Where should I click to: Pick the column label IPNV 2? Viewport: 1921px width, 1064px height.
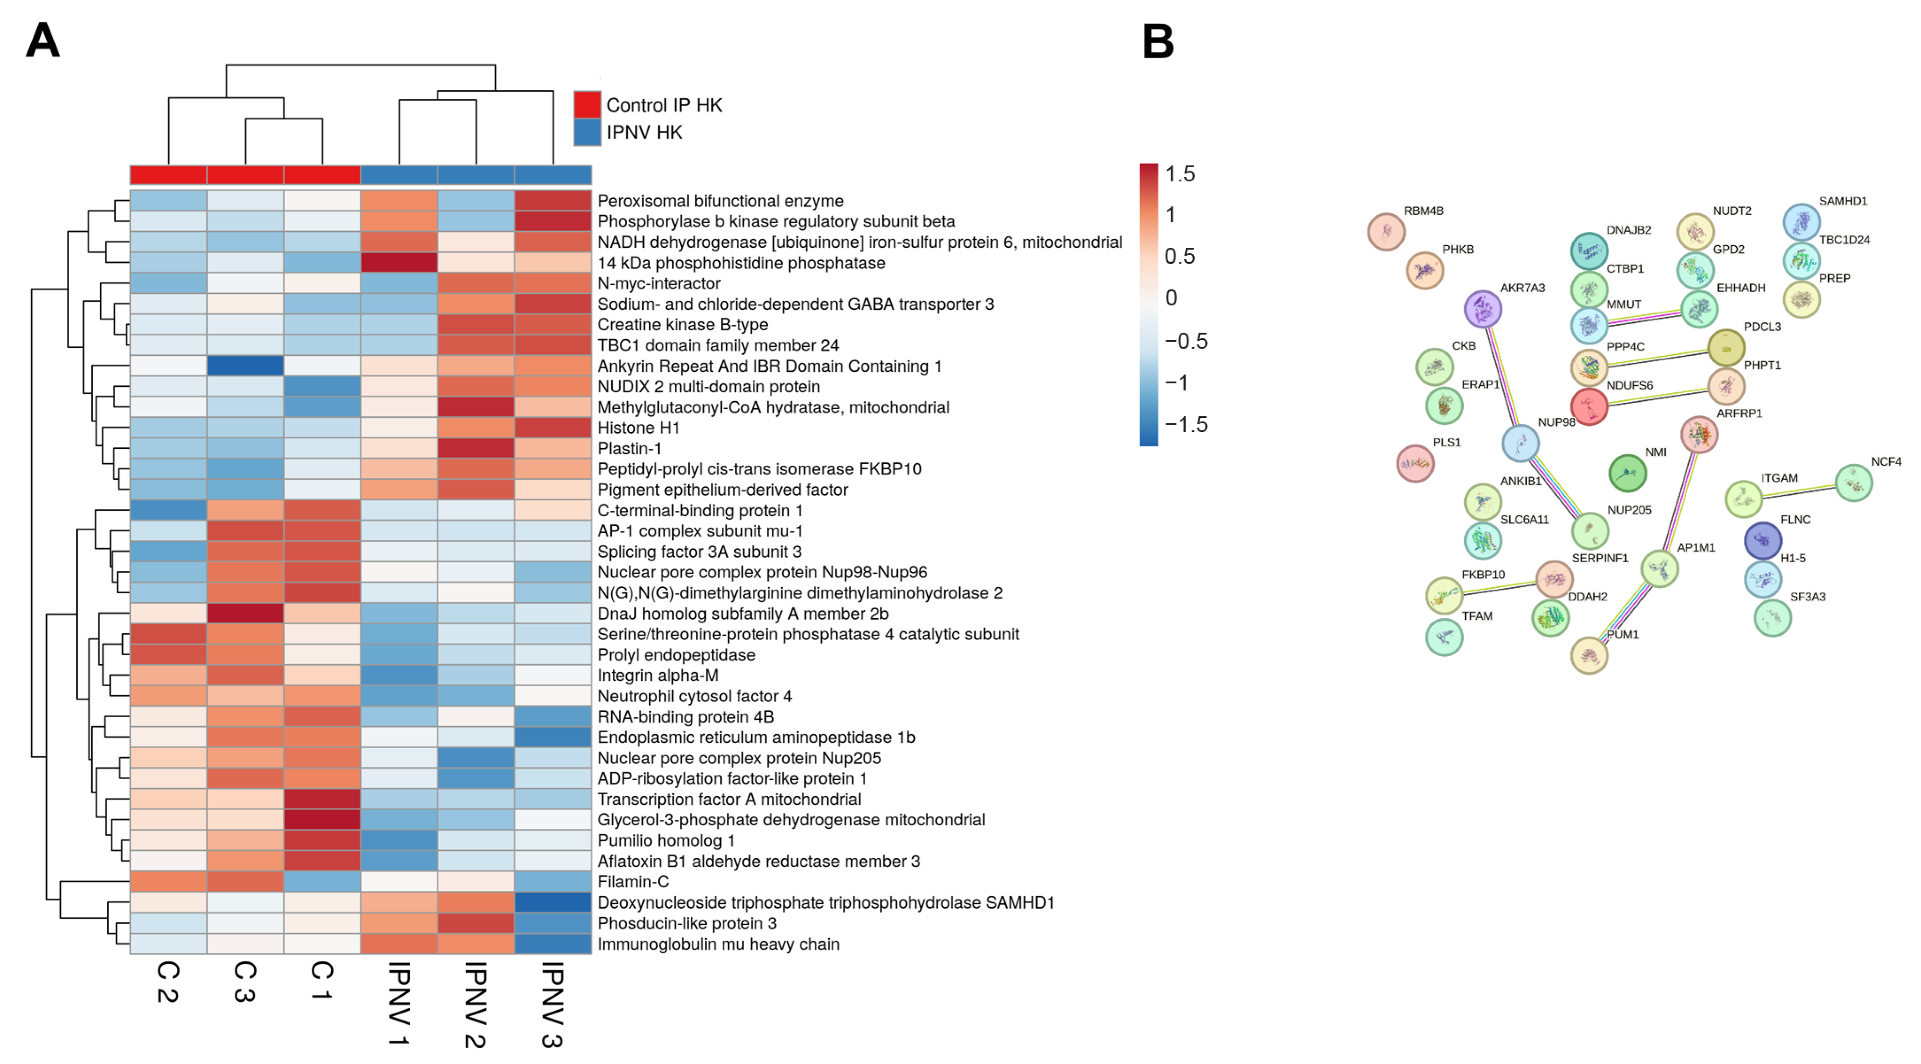point(476,1003)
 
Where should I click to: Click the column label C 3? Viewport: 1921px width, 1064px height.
point(245,981)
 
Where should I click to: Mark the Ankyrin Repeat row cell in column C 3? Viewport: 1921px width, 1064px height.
point(245,366)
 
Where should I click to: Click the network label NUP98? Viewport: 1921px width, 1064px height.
point(1556,422)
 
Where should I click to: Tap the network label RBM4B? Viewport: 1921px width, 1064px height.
point(1423,211)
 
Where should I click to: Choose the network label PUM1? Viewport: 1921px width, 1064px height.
point(1622,634)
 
